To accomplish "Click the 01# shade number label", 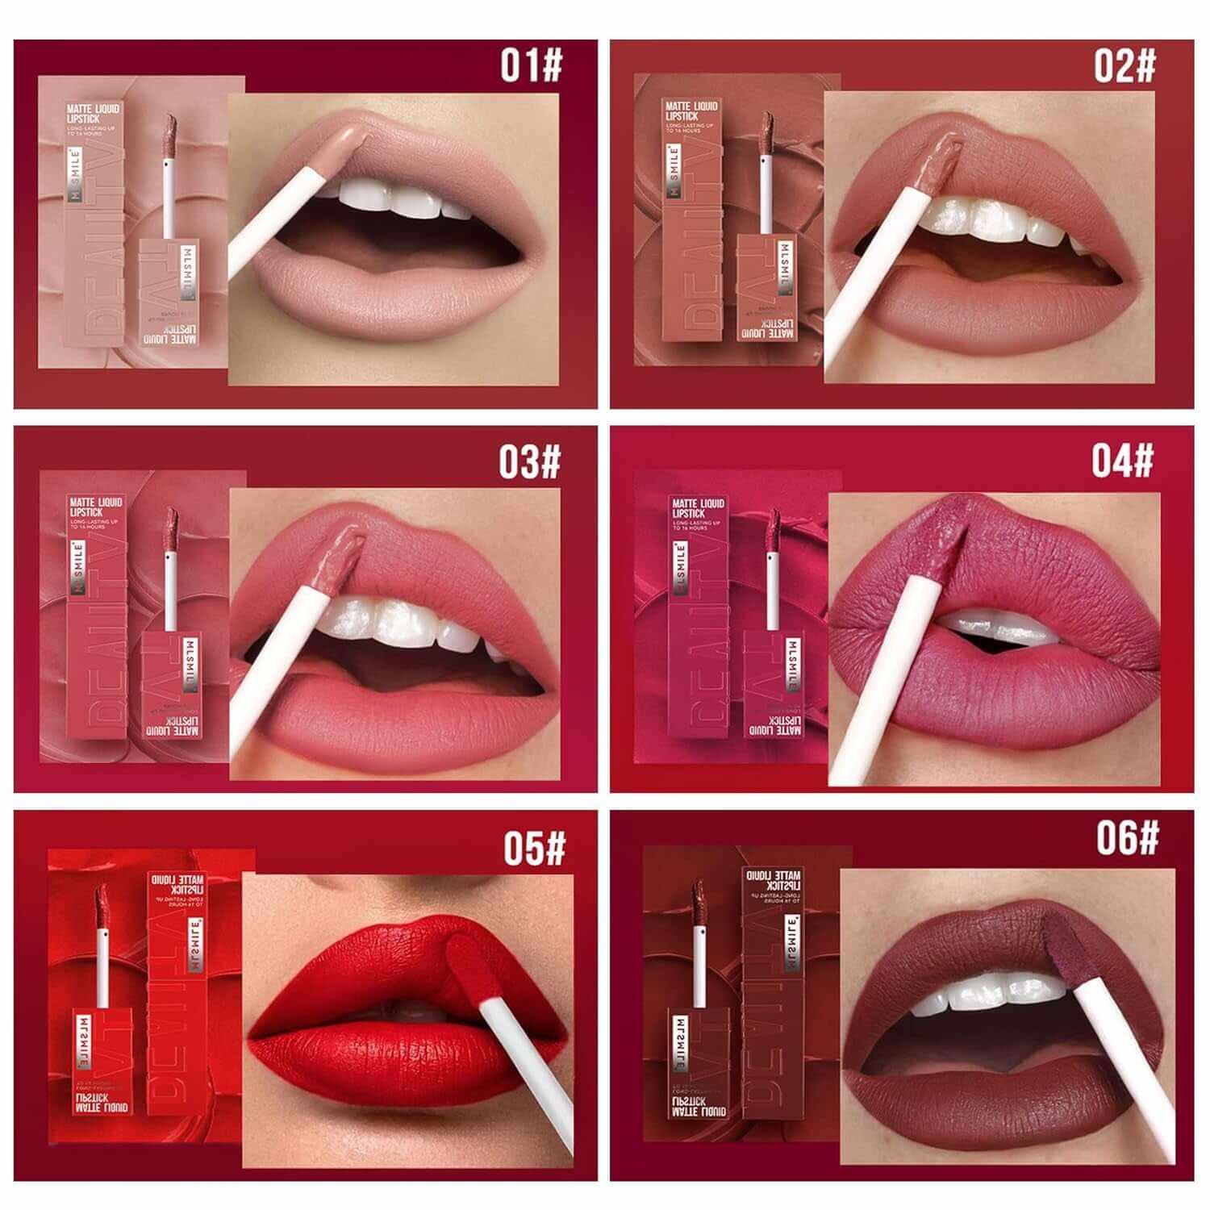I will tap(531, 65).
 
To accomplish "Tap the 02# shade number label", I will tap(1124, 65).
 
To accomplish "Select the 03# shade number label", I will tap(529, 461).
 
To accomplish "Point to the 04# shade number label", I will tap(1123, 460).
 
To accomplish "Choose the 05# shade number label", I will tap(534, 848).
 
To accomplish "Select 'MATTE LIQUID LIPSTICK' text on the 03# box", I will tap(95, 507).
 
